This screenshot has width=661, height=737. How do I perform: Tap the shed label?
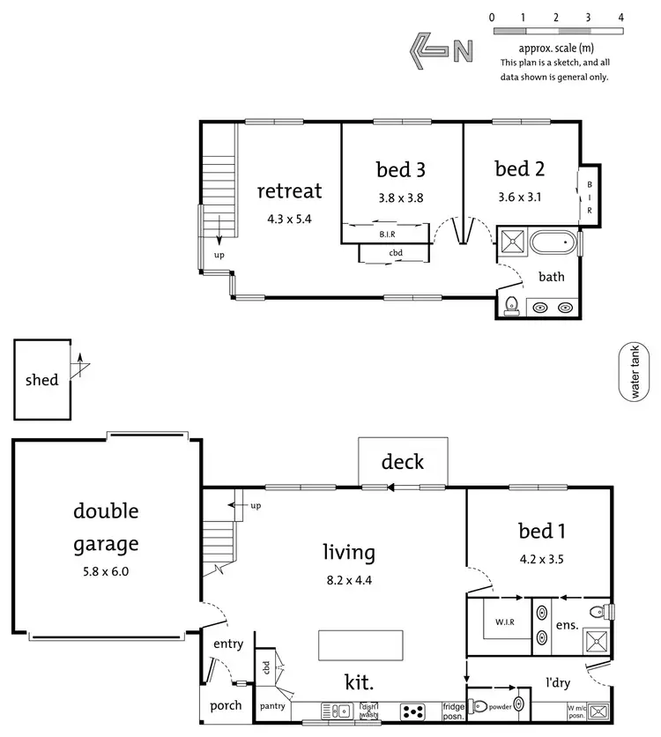coord(41,380)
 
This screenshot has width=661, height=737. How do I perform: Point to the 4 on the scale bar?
coord(621,17)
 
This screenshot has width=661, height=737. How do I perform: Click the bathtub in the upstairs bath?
coord(552,241)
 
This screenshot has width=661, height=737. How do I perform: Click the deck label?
coord(403,461)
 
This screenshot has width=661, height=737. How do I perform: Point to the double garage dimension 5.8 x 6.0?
coord(105,570)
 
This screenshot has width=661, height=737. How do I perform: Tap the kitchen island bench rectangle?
coord(361,644)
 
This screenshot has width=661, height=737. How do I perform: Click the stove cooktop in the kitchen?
coord(412,710)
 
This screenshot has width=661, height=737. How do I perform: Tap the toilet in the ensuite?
coord(598,610)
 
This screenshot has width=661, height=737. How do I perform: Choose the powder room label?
coord(500,705)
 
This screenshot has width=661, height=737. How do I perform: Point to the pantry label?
coord(272,707)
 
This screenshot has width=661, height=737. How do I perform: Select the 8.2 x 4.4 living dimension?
coord(348,582)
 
